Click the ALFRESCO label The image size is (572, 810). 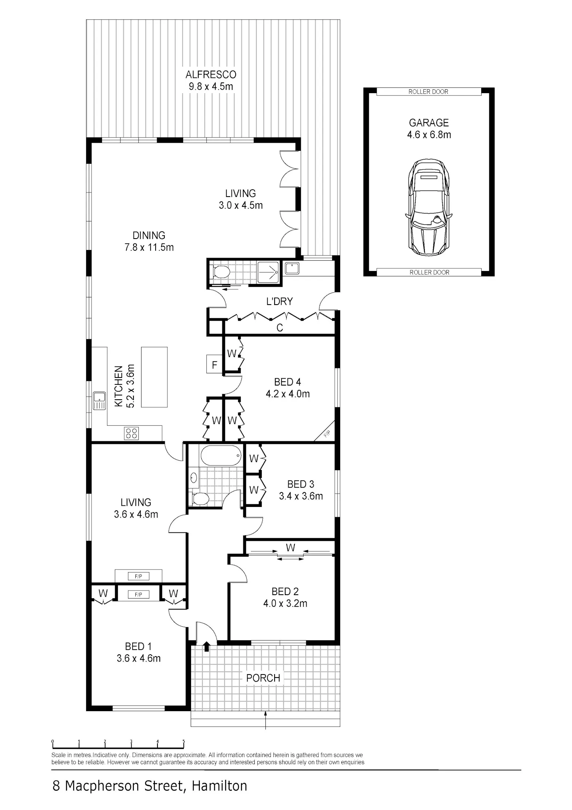tap(211, 74)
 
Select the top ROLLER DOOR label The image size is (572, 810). tap(428, 92)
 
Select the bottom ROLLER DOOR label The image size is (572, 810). tap(429, 272)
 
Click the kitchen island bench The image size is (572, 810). tap(154, 377)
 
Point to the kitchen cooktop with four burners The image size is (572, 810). tap(132, 433)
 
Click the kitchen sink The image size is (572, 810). tap(100, 401)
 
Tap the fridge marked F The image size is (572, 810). tap(214, 365)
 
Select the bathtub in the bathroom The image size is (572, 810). tap(221, 455)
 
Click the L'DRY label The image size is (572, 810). tap(280, 302)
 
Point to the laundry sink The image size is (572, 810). tap(292, 268)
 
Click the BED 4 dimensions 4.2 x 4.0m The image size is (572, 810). tap(288, 394)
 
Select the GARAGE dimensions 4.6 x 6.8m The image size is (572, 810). tap(429, 135)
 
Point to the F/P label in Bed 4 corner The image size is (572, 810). tap(327, 434)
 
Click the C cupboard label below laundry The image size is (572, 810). tap(280, 328)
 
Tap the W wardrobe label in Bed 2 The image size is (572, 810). tap(291, 548)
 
